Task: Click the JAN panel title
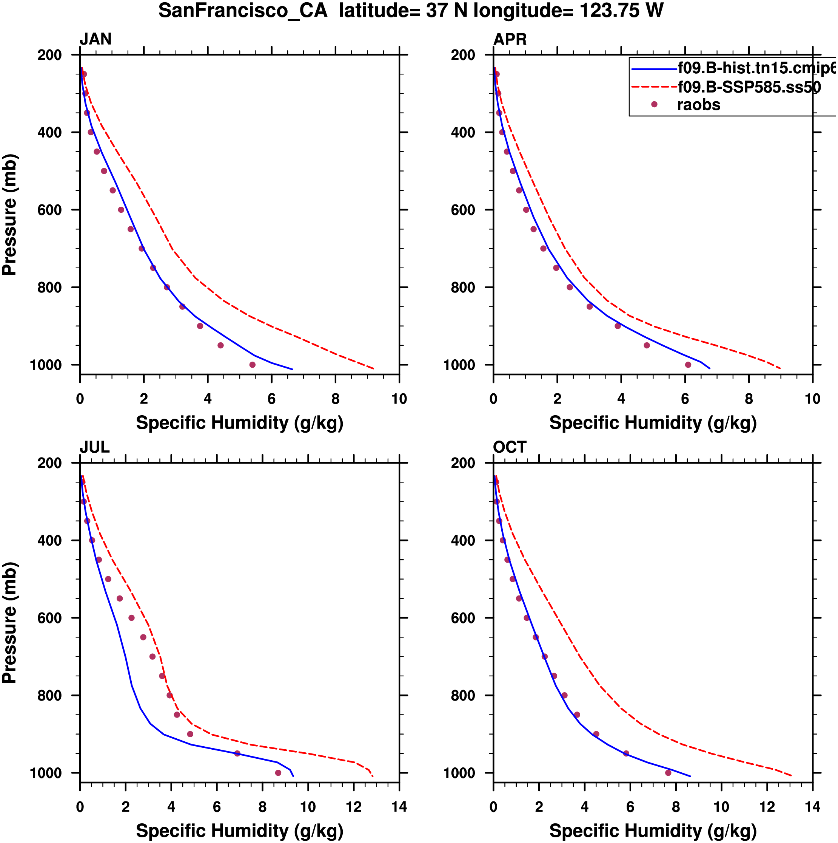(x=96, y=39)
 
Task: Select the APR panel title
(x=510, y=39)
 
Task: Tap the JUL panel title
(x=94, y=447)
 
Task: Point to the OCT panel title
(x=510, y=447)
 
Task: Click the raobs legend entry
(x=698, y=105)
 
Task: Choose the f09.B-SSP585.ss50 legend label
(x=749, y=87)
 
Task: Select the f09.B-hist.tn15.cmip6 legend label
(x=756, y=68)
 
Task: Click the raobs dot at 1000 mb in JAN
(x=253, y=365)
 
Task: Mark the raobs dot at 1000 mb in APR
(x=688, y=365)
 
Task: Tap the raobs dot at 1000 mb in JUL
(x=278, y=773)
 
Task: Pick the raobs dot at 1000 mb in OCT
(x=669, y=773)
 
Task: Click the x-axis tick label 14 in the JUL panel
(x=399, y=807)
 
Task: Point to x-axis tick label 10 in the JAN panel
(x=399, y=399)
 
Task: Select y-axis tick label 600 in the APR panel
(x=463, y=210)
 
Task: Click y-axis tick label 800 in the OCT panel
(x=463, y=696)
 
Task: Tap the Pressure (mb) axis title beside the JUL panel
(x=9, y=623)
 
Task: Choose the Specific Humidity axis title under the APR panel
(x=653, y=423)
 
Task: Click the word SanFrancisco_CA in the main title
(x=243, y=11)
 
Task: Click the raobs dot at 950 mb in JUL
(x=237, y=753)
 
